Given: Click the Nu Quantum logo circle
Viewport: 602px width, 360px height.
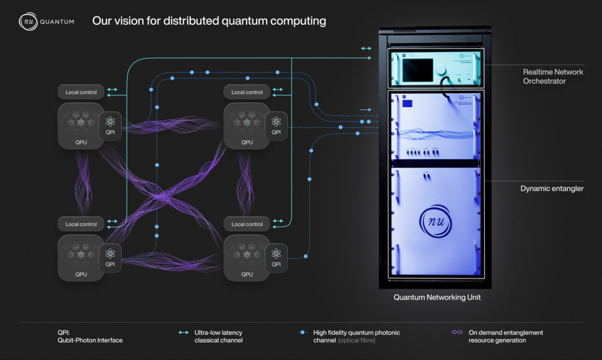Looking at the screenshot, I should point(28,21).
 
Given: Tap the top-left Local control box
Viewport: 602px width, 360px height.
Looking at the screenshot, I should point(81,92).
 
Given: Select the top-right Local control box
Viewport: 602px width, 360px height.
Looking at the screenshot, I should point(247,92).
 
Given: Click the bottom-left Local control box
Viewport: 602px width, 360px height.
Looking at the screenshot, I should point(81,224).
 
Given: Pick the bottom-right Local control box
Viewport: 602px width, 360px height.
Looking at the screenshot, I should point(247,224).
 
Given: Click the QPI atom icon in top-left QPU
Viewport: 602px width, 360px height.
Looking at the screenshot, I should point(110,122).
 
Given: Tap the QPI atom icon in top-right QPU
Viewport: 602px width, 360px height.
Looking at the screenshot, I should point(277,122).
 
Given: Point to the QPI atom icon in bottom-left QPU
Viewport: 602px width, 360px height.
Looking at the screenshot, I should point(110,253).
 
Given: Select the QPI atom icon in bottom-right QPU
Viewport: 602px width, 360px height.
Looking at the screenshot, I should point(277,253).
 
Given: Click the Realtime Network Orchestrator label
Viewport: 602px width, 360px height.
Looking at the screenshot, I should point(552,77).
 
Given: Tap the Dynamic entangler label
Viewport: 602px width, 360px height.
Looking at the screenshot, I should point(552,188).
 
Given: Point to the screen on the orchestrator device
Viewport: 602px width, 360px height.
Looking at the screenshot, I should point(415,71).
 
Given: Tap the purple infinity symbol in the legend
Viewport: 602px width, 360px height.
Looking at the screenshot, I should point(457,332).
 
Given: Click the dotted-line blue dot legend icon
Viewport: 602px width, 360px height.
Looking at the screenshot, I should point(304,332).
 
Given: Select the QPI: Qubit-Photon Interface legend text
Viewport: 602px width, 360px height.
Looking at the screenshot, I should point(90,336).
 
